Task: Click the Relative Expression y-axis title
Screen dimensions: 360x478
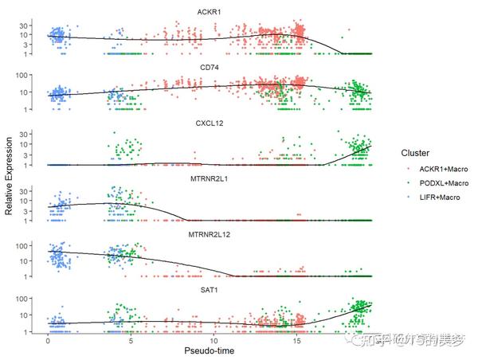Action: click(9, 172)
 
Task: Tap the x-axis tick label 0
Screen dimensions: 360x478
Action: click(48, 340)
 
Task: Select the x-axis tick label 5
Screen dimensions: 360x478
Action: click(131, 340)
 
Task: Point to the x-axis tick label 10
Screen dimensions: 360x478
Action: click(214, 340)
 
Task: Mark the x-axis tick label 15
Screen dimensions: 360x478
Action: click(298, 340)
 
